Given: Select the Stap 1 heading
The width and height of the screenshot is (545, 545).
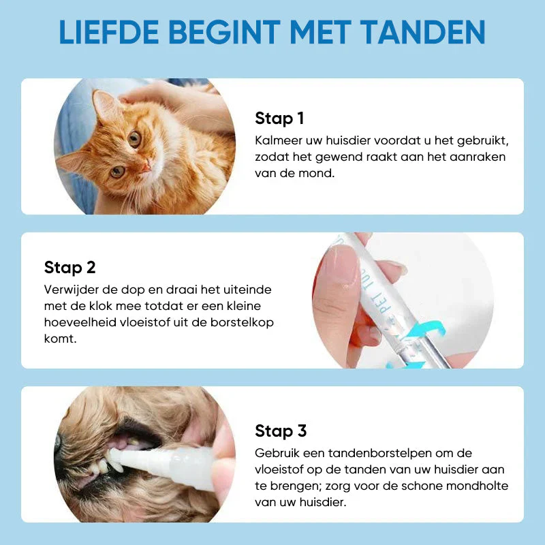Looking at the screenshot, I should tap(279, 119).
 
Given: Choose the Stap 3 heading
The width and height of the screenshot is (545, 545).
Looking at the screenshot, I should tap(281, 431).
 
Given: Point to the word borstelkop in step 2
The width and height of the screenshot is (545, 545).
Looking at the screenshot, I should tap(244, 322).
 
